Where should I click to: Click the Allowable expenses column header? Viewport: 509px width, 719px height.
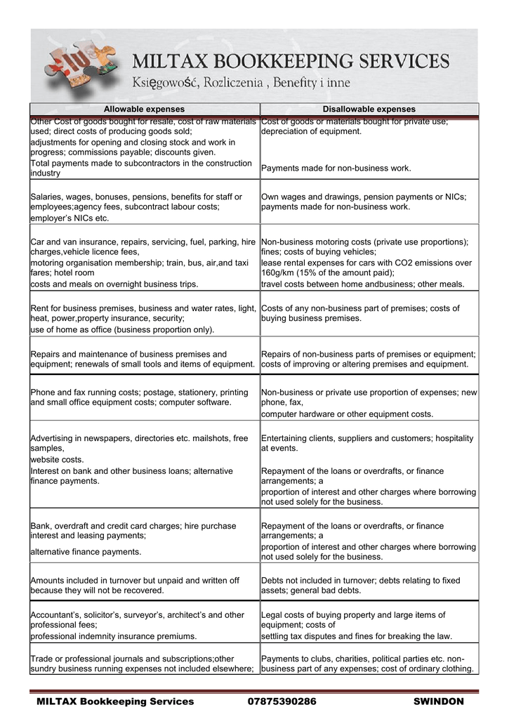[x=144, y=110]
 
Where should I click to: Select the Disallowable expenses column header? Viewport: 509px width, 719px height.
[x=369, y=110]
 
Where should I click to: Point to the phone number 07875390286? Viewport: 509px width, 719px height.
[x=282, y=701]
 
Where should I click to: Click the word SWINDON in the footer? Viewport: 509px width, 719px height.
[x=439, y=701]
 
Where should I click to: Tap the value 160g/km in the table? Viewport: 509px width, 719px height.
[x=277, y=273]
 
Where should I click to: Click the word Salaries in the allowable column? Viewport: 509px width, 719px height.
[x=47, y=197]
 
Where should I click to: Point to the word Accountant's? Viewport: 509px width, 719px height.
[x=57, y=614]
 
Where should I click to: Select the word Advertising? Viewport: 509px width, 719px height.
[x=53, y=438]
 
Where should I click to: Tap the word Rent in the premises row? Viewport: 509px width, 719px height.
[x=39, y=308]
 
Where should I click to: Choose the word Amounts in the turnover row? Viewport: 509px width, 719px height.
[x=49, y=581]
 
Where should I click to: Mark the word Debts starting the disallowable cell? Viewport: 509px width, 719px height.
[x=273, y=581]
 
